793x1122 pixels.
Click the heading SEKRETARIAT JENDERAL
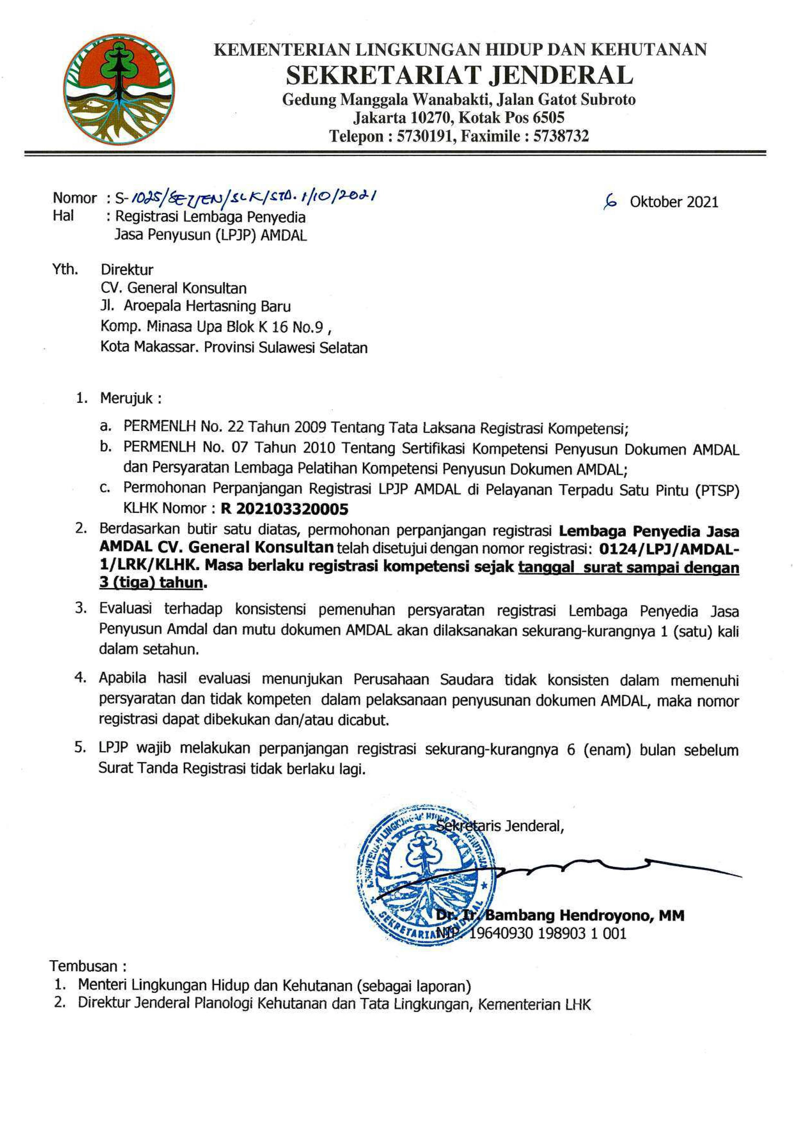tap(459, 76)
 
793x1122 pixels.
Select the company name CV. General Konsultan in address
tap(173, 288)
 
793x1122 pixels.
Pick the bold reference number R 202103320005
tap(285, 509)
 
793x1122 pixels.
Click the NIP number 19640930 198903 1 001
tap(547, 933)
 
